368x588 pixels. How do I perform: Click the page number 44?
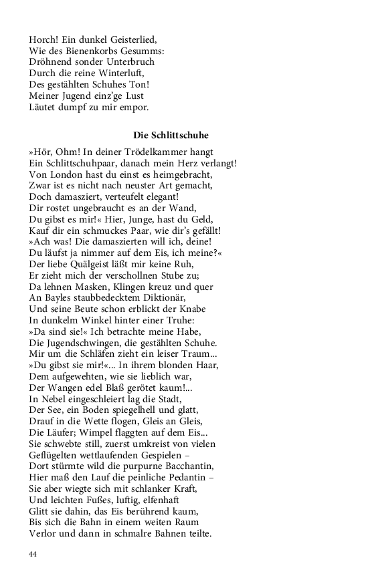point(33,554)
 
